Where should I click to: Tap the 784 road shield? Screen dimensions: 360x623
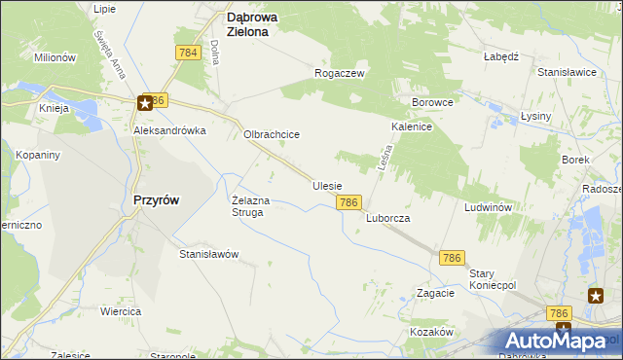[189, 52]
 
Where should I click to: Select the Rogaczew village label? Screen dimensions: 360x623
[339, 73]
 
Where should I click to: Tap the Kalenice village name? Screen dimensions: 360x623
[412, 126]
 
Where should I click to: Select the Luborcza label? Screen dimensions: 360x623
[388, 219]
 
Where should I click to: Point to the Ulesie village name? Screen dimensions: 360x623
[327, 185]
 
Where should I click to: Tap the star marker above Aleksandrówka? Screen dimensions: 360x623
[145, 101]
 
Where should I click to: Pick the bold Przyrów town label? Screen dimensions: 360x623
[155, 199]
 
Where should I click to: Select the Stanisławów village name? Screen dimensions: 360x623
[208, 254]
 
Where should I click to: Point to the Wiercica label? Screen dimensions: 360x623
[122, 311]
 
